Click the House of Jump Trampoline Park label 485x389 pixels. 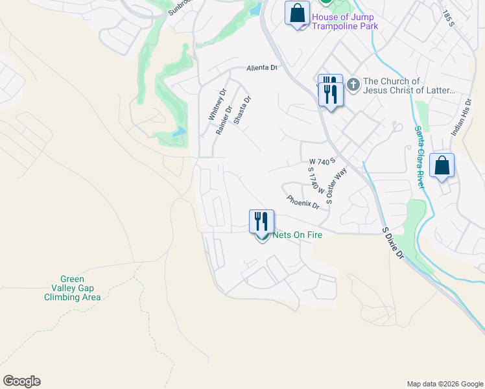[x=344, y=21]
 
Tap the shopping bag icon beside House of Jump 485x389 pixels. [x=298, y=14]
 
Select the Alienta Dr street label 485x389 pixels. [x=262, y=67]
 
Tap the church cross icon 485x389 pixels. [x=353, y=84]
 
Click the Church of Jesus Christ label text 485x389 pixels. [x=409, y=86]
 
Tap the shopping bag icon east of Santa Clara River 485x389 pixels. [x=442, y=166]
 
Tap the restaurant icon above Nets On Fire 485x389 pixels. [x=260, y=221]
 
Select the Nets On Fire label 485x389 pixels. [x=297, y=235]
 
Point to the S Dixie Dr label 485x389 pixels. [x=393, y=243]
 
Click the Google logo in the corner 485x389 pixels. [x=21, y=381]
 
